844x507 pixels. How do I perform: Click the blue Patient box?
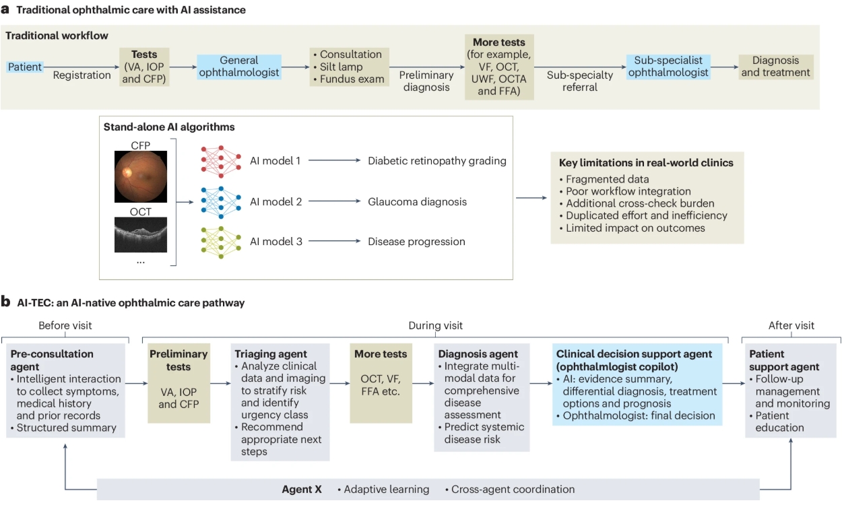25,67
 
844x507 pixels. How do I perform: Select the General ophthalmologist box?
239,67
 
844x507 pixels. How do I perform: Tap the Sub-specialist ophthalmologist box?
668,67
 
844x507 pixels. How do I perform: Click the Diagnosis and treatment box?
775,67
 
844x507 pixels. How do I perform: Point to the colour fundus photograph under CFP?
141,176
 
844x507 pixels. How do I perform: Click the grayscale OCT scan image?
141,235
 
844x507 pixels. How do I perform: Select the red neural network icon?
221,161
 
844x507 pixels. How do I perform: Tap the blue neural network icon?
221,202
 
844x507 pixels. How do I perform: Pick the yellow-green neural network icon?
221,242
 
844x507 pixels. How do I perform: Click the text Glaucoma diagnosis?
417,202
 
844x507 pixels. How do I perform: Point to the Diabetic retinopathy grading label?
437,161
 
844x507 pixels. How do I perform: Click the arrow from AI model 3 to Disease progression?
335,241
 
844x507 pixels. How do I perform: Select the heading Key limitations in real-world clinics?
646,163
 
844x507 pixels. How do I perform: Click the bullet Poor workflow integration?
628,191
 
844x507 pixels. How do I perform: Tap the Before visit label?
65,325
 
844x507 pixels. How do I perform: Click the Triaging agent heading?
271,354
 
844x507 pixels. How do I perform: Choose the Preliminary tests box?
178,383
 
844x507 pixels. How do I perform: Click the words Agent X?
302,489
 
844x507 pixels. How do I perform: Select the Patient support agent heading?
784,360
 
